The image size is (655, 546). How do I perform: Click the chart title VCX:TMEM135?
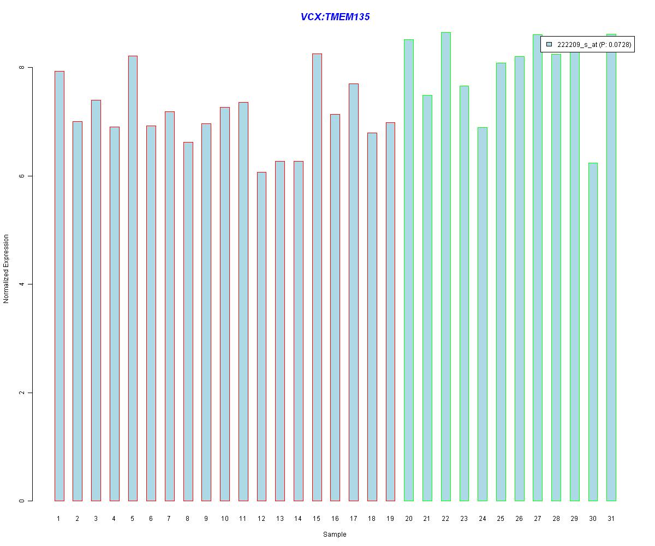(335, 17)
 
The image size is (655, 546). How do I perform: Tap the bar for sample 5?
(133, 278)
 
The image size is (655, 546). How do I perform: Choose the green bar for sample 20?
(408, 270)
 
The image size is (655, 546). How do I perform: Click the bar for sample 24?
(482, 314)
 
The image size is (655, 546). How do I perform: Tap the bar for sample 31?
(611, 268)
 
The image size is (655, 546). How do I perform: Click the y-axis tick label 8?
(22, 68)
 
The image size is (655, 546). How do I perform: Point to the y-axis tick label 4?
(22, 284)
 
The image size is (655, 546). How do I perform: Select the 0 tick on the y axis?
(22, 501)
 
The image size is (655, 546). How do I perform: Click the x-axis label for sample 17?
(353, 519)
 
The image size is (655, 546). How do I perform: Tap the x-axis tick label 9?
(206, 519)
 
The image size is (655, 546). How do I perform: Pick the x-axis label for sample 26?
(519, 519)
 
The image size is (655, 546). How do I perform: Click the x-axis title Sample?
(334, 535)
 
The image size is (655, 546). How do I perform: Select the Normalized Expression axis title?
(7, 269)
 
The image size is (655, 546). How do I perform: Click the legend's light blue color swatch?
(549, 44)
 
